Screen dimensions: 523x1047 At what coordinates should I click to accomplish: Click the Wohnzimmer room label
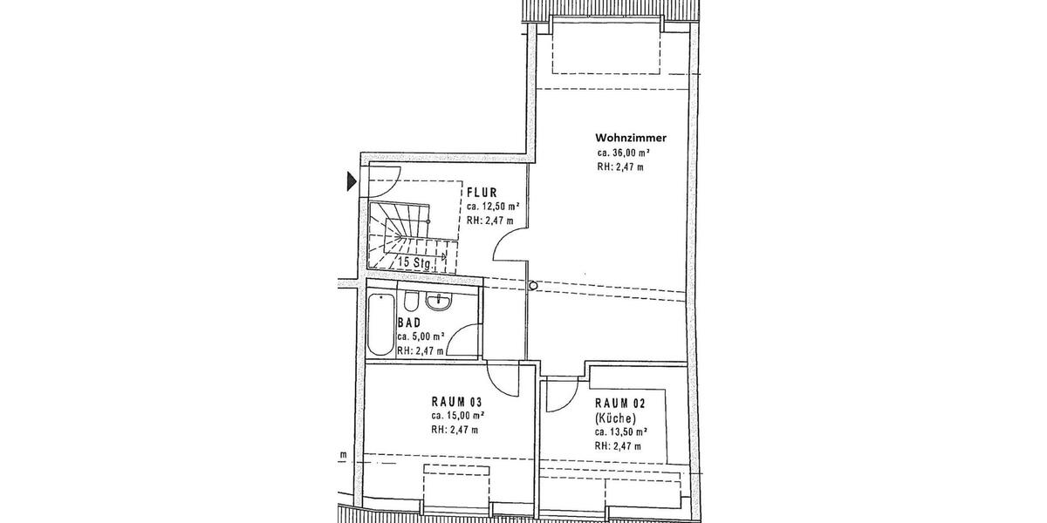coord(631,138)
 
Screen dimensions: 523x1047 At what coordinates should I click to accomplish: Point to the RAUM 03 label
coord(457,402)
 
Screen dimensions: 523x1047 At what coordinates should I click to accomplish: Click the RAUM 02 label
coord(621,403)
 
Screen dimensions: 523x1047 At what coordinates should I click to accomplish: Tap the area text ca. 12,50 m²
coord(494,207)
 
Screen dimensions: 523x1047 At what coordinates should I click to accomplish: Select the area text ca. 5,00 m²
coord(421,336)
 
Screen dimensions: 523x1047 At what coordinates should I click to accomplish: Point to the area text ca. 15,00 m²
coord(458,416)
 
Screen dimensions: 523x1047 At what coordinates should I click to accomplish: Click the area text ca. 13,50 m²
coord(621,431)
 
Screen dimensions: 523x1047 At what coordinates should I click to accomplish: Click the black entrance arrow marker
coord(352,181)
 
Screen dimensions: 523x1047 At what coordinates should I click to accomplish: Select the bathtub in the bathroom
coord(380,325)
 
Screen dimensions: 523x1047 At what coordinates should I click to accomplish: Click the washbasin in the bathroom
coord(438,302)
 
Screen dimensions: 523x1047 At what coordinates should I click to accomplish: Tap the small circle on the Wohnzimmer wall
coord(533,284)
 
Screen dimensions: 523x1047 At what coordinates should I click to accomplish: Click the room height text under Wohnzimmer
coord(620,166)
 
